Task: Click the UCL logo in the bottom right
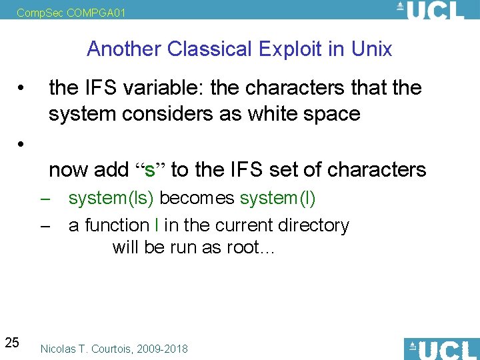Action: pos(441,349)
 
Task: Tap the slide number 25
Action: pos(12,343)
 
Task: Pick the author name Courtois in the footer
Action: pos(111,349)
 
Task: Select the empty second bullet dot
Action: pos(23,143)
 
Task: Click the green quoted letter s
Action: pos(150,170)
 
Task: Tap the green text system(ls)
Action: pos(111,198)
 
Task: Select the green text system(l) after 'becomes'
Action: pos(278,198)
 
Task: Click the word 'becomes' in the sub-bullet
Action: pos(197,198)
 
